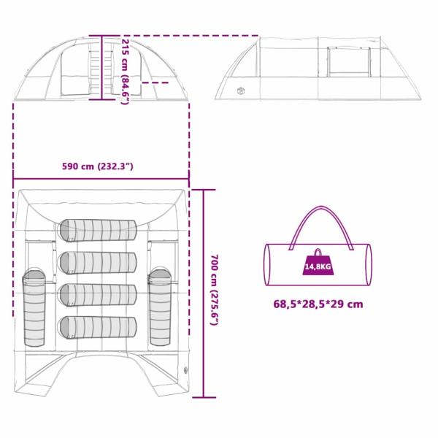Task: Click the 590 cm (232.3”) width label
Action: [98, 166]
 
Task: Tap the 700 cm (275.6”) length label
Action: [214, 290]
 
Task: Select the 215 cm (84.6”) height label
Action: [125, 72]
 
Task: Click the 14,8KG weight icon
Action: [318, 262]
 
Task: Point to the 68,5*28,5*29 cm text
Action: [318, 304]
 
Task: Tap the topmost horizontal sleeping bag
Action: [99, 231]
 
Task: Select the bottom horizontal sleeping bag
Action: [98, 328]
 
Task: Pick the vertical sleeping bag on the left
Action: [34, 308]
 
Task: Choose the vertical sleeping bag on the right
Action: [160, 307]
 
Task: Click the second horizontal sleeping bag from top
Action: [98, 263]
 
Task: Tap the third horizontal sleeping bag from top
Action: [98, 295]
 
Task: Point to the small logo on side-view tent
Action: [240, 91]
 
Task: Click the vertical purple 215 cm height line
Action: [102, 67]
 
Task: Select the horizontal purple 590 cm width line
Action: [101, 179]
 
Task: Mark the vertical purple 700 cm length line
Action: [204, 293]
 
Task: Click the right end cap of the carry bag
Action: [369, 264]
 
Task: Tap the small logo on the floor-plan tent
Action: [185, 370]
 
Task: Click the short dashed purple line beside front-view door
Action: [155, 82]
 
